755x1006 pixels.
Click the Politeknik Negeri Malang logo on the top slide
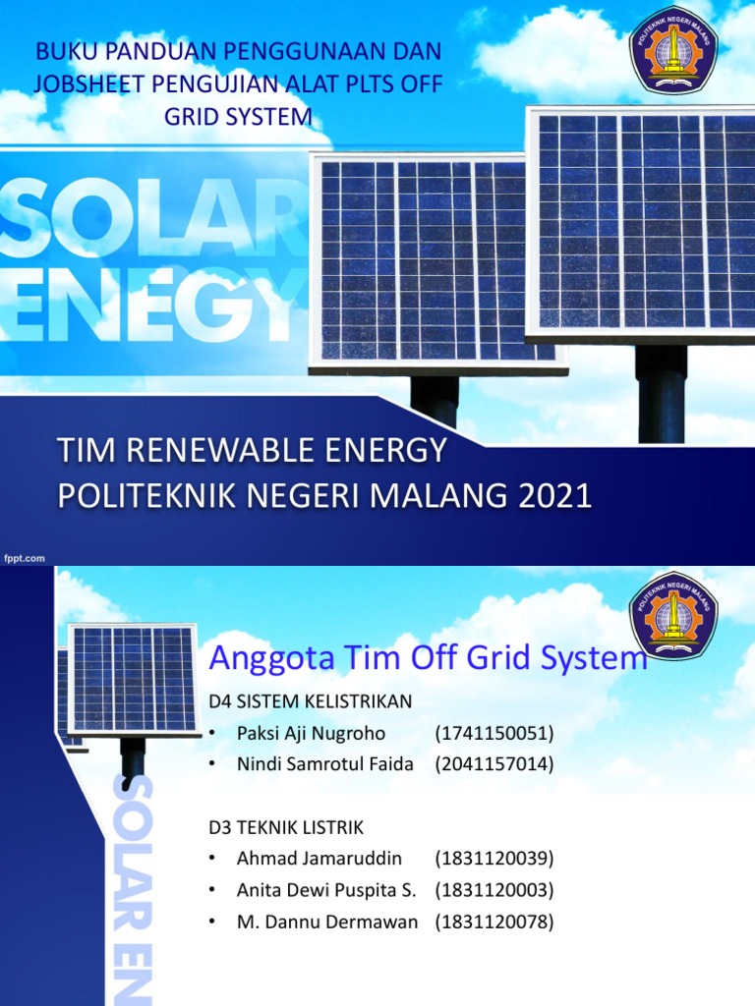[x=673, y=49]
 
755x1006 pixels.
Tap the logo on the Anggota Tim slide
[x=673, y=615]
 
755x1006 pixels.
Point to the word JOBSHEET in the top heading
[x=84, y=84]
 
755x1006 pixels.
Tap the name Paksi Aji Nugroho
[x=311, y=733]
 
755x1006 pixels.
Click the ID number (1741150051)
[x=494, y=733]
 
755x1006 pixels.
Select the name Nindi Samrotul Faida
[x=324, y=763]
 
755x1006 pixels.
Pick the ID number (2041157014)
[x=494, y=763]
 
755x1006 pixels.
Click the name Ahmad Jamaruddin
[x=319, y=858]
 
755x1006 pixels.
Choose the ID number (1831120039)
[x=494, y=858]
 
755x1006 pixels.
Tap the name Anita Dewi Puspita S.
[x=326, y=890]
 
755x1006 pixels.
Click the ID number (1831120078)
[x=494, y=922]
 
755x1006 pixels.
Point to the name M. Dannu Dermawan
[x=327, y=922]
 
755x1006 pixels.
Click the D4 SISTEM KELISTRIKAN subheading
[x=310, y=700]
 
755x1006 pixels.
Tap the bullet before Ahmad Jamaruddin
[x=211, y=859]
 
